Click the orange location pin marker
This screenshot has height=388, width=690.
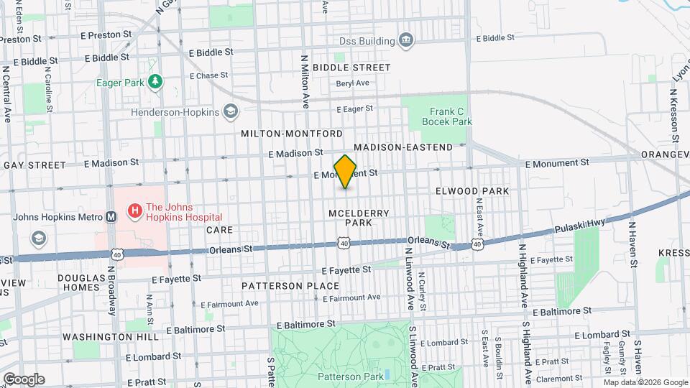pyautogui.click(x=346, y=171)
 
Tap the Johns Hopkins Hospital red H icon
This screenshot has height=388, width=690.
pyautogui.click(x=134, y=211)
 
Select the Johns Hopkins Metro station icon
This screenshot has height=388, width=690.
pyautogui.click(x=111, y=216)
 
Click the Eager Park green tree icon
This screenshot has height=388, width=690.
pyautogui.click(x=154, y=81)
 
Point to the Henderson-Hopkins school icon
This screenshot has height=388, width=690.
pyautogui.click(x=230, y=111)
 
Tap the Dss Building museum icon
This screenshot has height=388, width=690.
pyautogui.click(x=405, y=40)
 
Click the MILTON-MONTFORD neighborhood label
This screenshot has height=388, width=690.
pyautogui.click(x=292, y=134)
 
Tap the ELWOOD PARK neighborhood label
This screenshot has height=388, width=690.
pyautogui.click(x=472, y=191)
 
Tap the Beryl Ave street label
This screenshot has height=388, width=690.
pyautogui.click(x=352, y=83)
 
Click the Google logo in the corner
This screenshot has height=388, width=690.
pyautogui.click(x=23, y=379)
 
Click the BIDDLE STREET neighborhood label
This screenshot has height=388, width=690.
pyautogui.click(x=352, y=68)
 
